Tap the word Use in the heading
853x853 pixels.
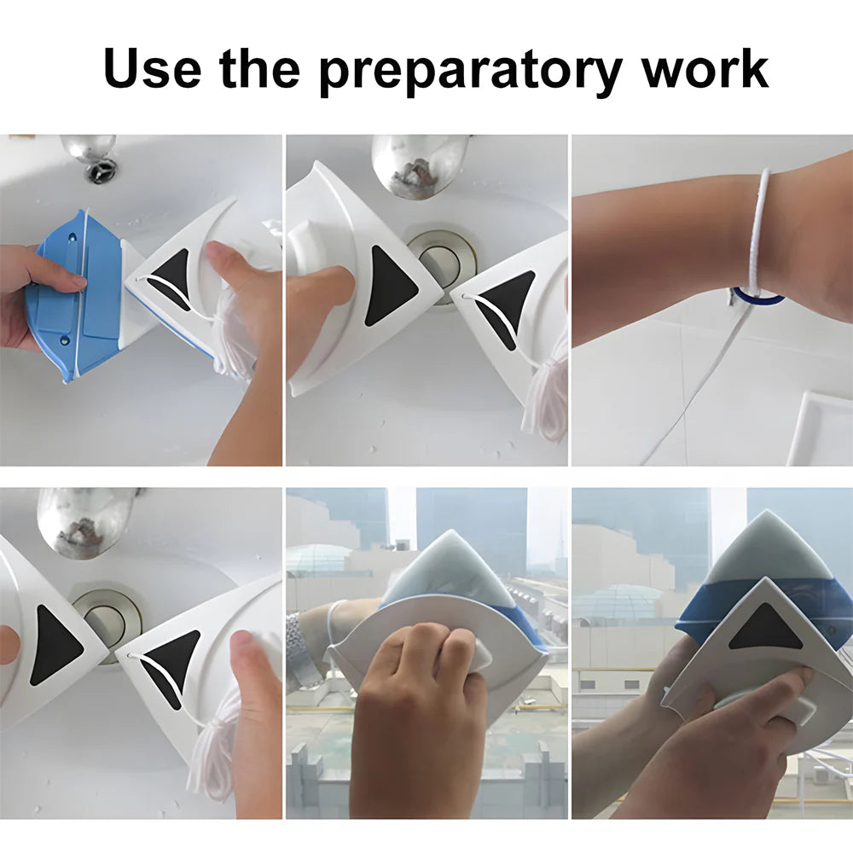point(152,68)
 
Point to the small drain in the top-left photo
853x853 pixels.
point(101,171)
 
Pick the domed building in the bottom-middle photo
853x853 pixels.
point(319,559)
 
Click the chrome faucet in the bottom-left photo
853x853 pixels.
point(85,520)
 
